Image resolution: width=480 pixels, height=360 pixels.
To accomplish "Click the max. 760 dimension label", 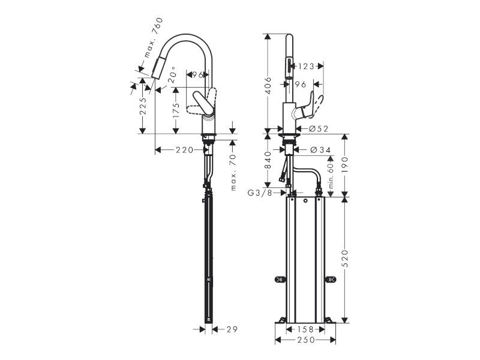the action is click(x=154, y=38).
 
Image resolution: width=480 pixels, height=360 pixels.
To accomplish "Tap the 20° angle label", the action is click(x=172, y=74).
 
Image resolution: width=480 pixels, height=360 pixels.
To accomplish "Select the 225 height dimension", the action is click(x=143, y=106).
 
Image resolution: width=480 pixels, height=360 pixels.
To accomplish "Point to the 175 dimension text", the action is click(x=176, y=110).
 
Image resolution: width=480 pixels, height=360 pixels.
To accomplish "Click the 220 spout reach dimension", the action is click(x=184, y=150).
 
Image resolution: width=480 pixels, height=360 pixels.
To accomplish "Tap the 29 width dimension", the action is click(x=232, y=329).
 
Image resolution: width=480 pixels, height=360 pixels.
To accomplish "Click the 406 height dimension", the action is click(x=268, y=85).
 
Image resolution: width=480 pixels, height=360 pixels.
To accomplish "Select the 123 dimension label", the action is click(x=306, y=66).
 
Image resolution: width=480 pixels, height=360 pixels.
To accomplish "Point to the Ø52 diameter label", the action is click(x=319, y=129).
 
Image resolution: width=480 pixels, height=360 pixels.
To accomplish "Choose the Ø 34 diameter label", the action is click(x=320, y=150).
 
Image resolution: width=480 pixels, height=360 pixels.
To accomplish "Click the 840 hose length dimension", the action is click(x=268, y=160).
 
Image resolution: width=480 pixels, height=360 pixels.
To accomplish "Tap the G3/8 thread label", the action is click(x=260, y=193).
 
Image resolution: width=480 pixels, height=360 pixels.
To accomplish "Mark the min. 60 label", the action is click(x=331, y=175).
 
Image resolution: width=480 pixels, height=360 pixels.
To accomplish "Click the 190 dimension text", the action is click(x=345, y=165).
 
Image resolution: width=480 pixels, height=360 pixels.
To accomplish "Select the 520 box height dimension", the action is click(x=345, y=259).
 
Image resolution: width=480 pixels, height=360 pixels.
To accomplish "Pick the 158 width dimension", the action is click(x=305, y=329).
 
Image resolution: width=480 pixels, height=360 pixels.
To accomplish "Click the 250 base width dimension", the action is click(x=305, y=340).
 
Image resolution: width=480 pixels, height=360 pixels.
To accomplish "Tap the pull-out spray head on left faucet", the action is click(x=157, y=68).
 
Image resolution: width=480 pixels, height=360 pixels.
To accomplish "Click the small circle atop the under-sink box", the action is click(x=305, y=201).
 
